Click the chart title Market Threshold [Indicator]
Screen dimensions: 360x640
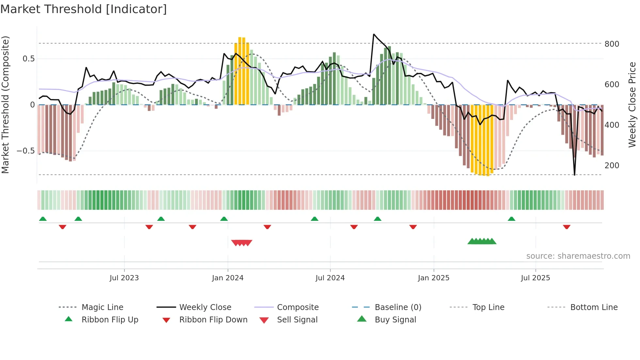point(84,9)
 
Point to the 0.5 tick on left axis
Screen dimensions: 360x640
point(28,59)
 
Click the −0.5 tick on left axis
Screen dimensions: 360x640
point(25,151)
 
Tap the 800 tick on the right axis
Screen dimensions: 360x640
point(612,44)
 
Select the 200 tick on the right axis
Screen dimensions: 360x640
point(612,166)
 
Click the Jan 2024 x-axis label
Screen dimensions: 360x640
point(228,278)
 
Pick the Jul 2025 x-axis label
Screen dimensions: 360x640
point(535,278)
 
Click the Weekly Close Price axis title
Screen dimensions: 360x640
point(632,105)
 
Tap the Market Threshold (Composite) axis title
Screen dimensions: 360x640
point(5,105)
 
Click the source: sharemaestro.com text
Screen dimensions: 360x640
point(578,256)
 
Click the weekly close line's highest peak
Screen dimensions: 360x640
point(374,34)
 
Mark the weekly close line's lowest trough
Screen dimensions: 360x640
point(574,175)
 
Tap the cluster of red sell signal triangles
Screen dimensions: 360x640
point(242,243)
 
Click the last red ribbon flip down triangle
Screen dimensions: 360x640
point(567,227)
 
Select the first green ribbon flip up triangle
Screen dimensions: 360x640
point(43,219)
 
